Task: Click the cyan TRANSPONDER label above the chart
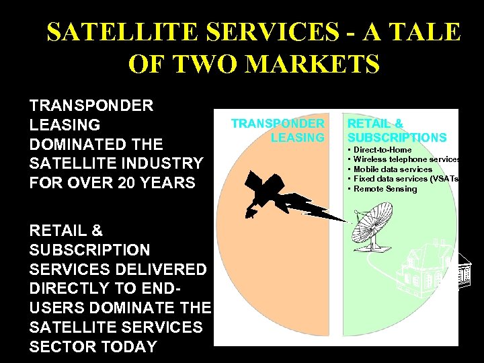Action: click(278, 124)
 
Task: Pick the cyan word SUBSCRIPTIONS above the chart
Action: click(397, 138)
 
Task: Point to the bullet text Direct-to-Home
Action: click(382, 150)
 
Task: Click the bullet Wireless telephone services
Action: click(406, 159)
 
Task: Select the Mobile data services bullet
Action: click(393, 169)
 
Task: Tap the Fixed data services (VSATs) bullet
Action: click(405, 179)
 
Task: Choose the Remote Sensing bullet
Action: click(385, 189)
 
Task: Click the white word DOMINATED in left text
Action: click(95, 144)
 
